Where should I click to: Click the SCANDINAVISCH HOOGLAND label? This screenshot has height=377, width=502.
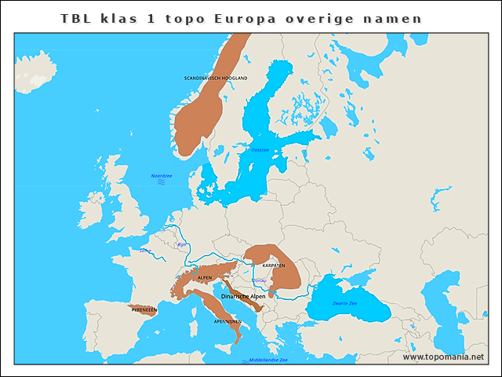216,79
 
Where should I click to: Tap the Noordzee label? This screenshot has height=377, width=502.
162,175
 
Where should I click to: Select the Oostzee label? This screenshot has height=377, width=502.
259,149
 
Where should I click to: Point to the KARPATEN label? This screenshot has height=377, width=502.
274,265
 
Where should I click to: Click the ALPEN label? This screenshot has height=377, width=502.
205,278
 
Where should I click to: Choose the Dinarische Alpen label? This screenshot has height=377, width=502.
243,296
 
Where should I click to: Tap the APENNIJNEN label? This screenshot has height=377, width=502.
227,321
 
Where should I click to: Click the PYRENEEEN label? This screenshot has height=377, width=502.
144,310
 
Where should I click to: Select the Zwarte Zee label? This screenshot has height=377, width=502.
345,302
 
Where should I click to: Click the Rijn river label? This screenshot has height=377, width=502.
182,245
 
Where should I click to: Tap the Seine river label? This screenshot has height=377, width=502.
145,251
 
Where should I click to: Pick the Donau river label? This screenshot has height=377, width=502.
260,280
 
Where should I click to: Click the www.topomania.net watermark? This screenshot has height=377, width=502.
443,357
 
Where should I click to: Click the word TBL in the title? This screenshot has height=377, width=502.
77,18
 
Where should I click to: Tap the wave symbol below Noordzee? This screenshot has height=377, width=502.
162,182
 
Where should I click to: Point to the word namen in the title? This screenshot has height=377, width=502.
391,18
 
